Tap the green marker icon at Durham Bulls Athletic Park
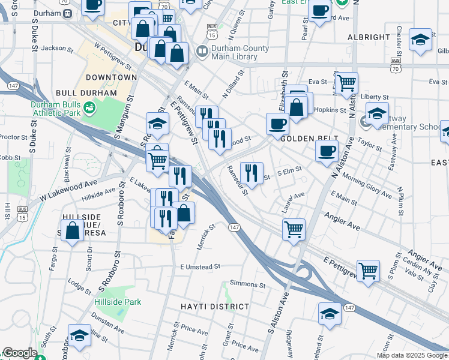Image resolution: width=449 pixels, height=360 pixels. point(89,108)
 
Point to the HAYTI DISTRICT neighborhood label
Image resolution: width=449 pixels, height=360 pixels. point(215,307)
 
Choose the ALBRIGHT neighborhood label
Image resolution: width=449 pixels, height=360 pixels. point(369,37)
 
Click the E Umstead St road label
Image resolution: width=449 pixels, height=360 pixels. point(200,266)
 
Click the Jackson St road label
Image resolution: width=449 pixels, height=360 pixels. point(53,48)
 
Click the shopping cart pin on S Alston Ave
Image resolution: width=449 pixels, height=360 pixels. point(294,228)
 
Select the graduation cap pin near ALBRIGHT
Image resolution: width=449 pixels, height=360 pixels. point(421,40)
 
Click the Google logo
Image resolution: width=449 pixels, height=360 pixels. point(20,353)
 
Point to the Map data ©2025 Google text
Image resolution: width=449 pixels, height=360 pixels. point(411,355)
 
